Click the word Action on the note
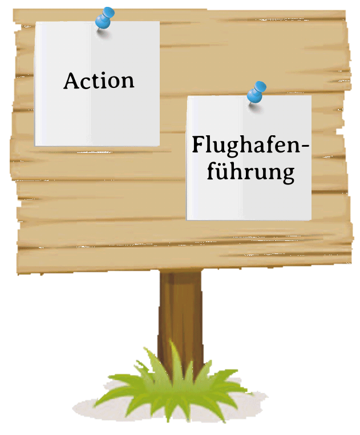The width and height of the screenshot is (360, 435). (x=99, y=80)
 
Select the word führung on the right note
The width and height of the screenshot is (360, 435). (x=250, y=172)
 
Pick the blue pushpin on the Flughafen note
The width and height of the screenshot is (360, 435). (x=256, y=92)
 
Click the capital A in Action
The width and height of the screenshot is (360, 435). (x=72, y=80)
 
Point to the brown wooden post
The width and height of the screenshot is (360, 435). (x=180, y=319)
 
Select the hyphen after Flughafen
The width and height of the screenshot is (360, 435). (x=305, y=145)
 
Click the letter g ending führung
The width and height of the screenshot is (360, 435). (x=286, y=175)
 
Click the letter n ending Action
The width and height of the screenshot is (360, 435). (x=127, y=83)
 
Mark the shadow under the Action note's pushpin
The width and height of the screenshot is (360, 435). (x=103, y=34)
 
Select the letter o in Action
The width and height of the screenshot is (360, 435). (x=114, y=83)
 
